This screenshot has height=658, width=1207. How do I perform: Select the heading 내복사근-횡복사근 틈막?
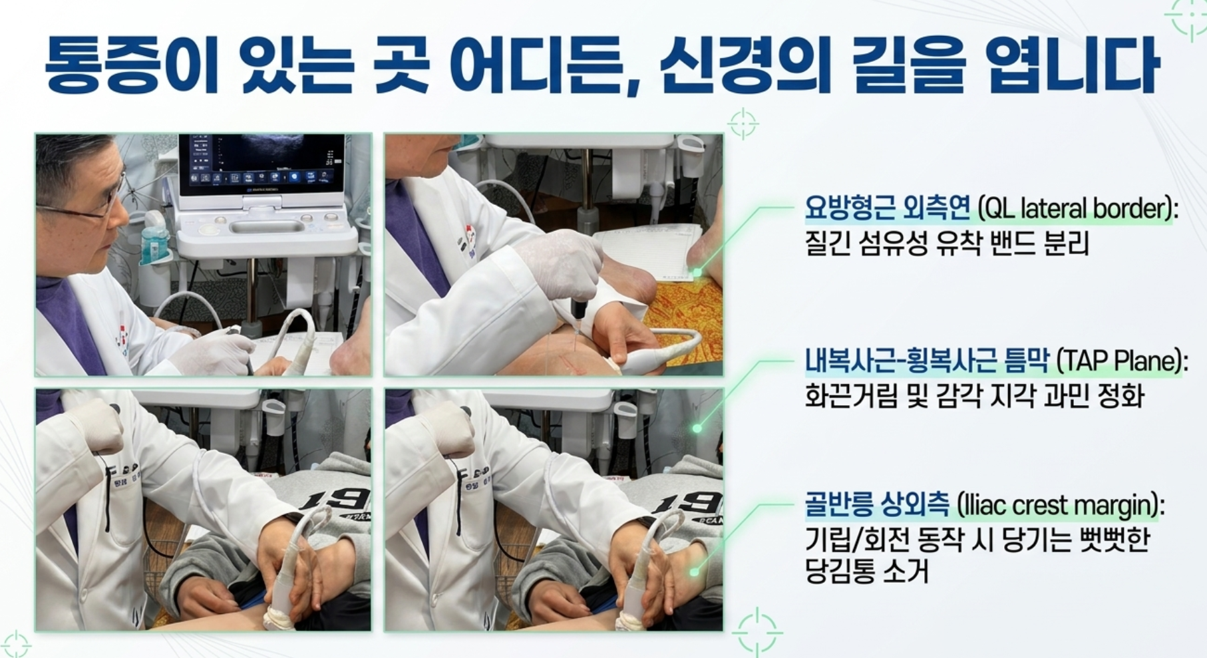[926, 361]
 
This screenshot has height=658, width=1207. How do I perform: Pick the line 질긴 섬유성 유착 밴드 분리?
[947, 244]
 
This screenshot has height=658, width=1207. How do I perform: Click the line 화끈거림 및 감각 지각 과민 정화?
[974, 396]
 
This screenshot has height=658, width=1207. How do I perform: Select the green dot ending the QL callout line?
[697, 272]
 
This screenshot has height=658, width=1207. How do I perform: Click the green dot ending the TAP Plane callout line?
[697, 428]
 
